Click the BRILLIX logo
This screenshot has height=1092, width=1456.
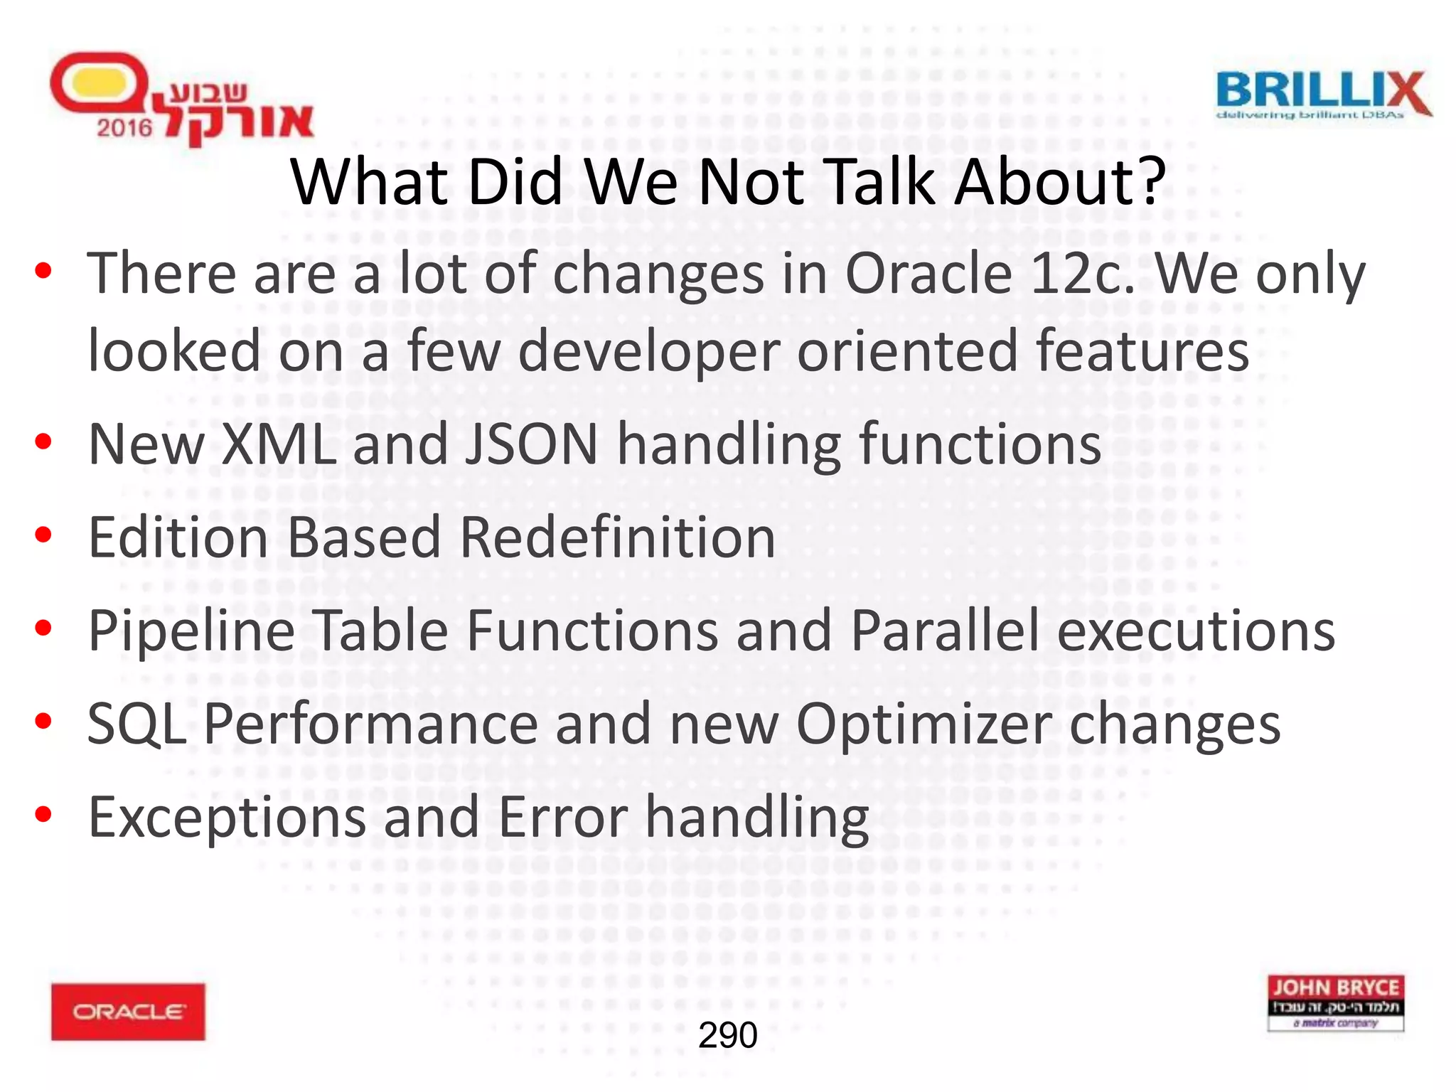1323,95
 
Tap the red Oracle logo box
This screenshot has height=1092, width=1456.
128,1012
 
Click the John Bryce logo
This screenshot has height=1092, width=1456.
1335,1003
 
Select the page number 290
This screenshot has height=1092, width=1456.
727,1035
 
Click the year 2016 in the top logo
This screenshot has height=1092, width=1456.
124,128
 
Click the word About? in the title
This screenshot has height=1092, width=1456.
1059,182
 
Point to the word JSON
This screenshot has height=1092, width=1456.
531,444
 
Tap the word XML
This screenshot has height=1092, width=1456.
279,444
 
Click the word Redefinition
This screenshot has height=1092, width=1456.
617,537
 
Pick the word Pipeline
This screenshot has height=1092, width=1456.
191,631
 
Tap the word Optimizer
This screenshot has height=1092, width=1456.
924,724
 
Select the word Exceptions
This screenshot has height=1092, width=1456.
227,818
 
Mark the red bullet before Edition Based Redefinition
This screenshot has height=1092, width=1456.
43,535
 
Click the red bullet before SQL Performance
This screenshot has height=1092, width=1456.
43,722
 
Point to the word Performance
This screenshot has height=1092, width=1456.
370,724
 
